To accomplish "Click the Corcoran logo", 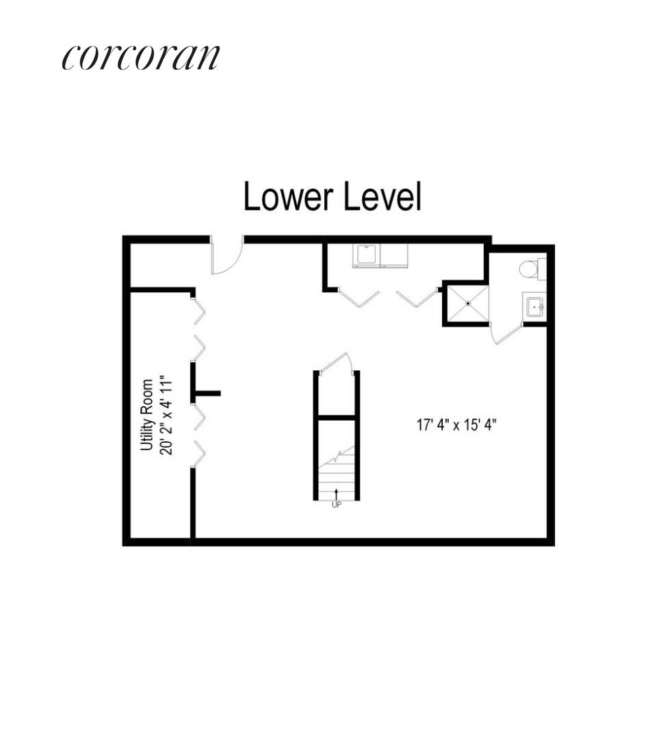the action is (x=140, y=57).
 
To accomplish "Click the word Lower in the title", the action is (x=282, y=198).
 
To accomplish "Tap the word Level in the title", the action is (x=382, y=198).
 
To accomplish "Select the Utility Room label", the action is (x=146, y=415).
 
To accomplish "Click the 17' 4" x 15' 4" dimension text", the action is (x=456, y=424).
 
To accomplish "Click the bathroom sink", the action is (x=534, y=307).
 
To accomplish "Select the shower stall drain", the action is (x=467, y=303).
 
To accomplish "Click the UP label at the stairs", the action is (x=336, y=505).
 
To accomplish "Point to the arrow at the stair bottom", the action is (x=336, y=494).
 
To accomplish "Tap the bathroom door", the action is (x=505, y=333).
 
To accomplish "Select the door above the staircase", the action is (x=336, y=363).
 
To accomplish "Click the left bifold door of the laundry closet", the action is (x=358, y=298).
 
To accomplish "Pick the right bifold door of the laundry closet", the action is (x=417, y=298).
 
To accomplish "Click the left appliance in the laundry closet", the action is (x=367, y=256).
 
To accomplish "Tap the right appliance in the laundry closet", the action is (x=394, y=256).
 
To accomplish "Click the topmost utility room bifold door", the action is (x=199, y=311).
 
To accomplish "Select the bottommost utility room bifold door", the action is (x=199, y=454).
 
